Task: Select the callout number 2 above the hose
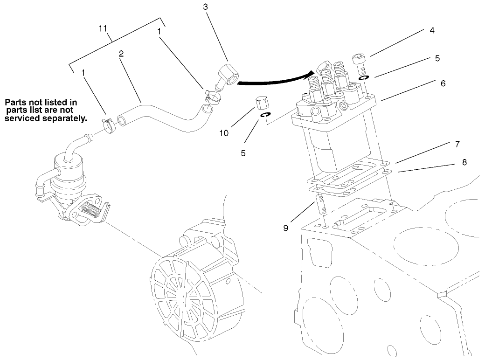click(121, 54)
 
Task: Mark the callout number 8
click(464, 162)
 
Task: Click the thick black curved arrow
click(275, 80)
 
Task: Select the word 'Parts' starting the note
click(14, 102)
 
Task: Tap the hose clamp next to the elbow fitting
click(211, 96)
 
